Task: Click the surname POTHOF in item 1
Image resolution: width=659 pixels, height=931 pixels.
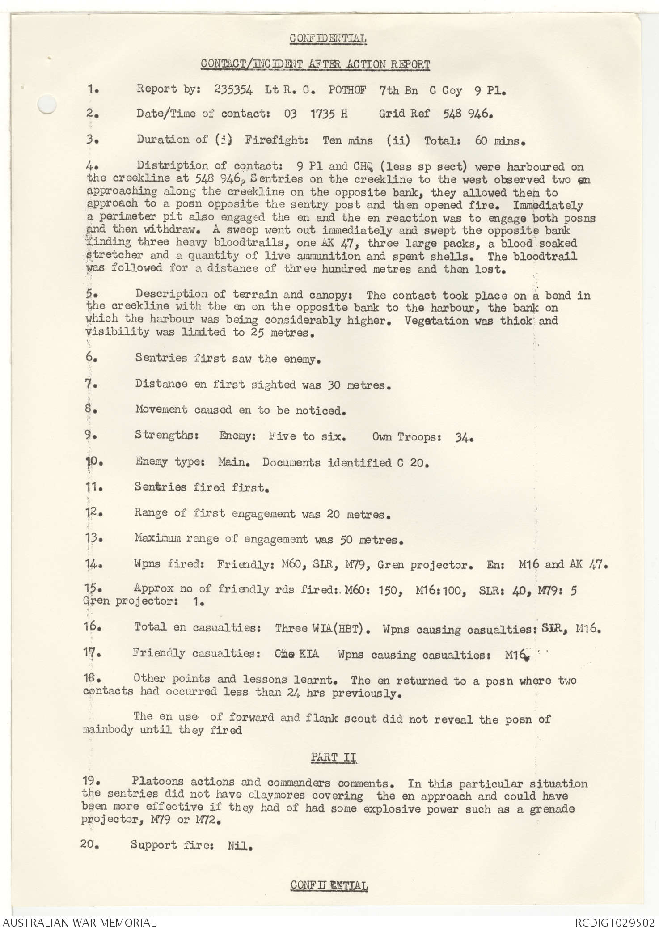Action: point(347,90)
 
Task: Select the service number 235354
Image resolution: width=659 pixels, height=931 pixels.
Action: point(233,90)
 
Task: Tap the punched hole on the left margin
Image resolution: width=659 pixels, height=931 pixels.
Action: point(47,106)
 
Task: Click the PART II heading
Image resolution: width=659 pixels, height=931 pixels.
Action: point(334,757)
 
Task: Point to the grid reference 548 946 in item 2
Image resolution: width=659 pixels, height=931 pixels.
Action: point(467,114)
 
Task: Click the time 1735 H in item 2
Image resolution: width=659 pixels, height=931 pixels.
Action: point(329,114)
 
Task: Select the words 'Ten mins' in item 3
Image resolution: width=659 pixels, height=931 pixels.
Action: point(347,140)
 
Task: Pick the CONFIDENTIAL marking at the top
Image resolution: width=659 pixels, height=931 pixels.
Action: point(328,39)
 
